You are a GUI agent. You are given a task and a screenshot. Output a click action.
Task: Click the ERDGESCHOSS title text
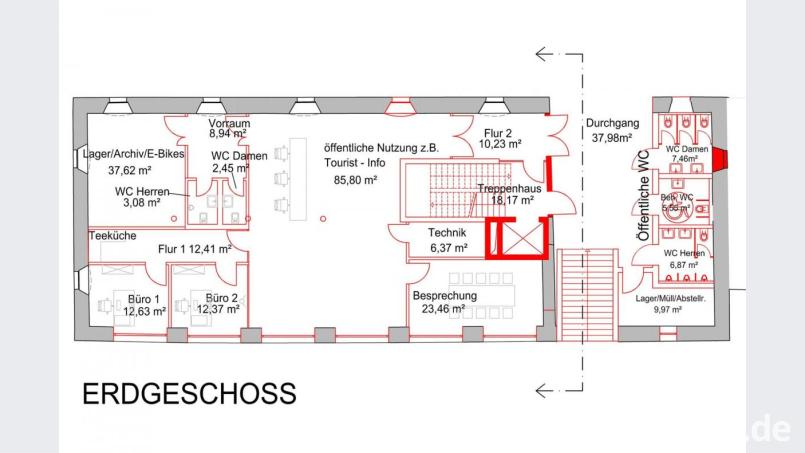[189, 393]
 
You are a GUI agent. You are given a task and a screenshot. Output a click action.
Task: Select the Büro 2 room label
[222, 299]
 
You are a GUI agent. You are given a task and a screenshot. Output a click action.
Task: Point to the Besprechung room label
[445, 296]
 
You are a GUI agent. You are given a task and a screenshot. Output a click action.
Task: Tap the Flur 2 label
[500, 131]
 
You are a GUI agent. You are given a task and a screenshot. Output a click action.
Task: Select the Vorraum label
[229, 123]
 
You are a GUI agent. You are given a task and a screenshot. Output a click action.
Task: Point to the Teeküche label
[112, 237]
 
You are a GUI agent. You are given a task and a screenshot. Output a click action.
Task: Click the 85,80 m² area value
[355, 180]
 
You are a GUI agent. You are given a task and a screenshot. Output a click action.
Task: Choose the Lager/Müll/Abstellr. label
[672, 299]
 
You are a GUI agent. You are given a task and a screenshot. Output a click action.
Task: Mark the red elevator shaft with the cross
[515, 240]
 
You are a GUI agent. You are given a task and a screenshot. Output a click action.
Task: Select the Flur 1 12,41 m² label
[195, 249]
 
